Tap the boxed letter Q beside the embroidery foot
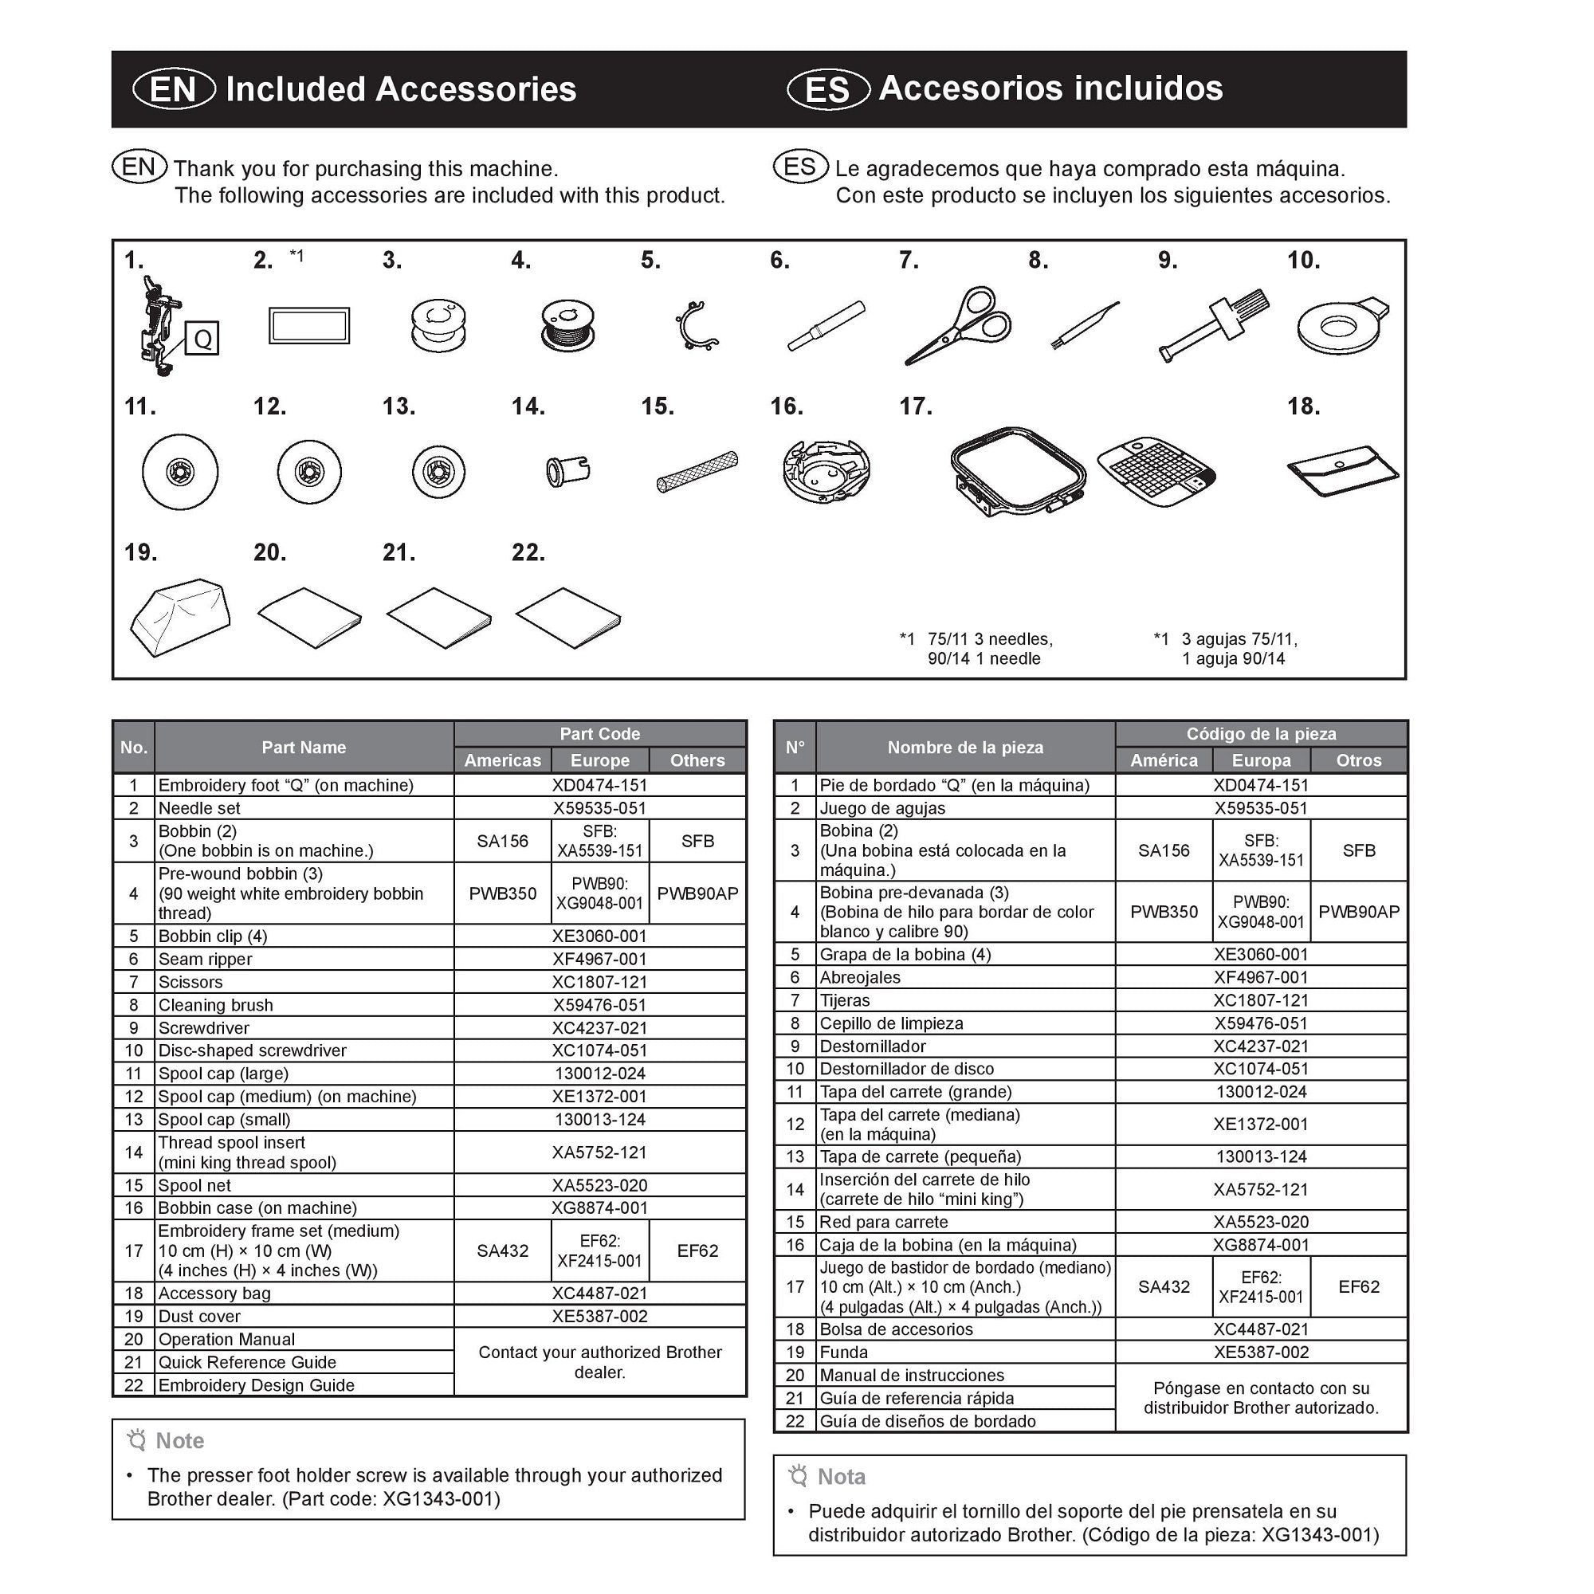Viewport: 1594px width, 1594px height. click(202, 338)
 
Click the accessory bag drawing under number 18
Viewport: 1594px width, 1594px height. click(1342, 472)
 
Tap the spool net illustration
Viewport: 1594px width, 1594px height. click(697, 471)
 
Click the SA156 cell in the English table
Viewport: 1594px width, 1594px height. click(502, 841)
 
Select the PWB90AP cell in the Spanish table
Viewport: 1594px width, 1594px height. click(1358, 912)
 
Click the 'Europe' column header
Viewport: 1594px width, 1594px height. click(600, 760)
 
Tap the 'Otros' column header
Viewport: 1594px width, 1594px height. click(1358, 760)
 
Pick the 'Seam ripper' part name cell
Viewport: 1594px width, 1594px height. click(206, 959)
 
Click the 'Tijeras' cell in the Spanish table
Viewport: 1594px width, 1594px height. click(845, 1000)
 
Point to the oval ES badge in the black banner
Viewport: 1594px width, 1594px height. click(827, 89)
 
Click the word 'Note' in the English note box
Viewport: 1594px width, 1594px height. click(180, 1440)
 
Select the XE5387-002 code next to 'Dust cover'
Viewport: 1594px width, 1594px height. click(600, 1316)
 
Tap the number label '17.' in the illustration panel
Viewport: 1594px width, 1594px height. click(916, 406)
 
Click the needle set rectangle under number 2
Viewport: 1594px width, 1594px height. click(309, 326)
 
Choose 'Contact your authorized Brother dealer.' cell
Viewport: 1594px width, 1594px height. click(600, 1361)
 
